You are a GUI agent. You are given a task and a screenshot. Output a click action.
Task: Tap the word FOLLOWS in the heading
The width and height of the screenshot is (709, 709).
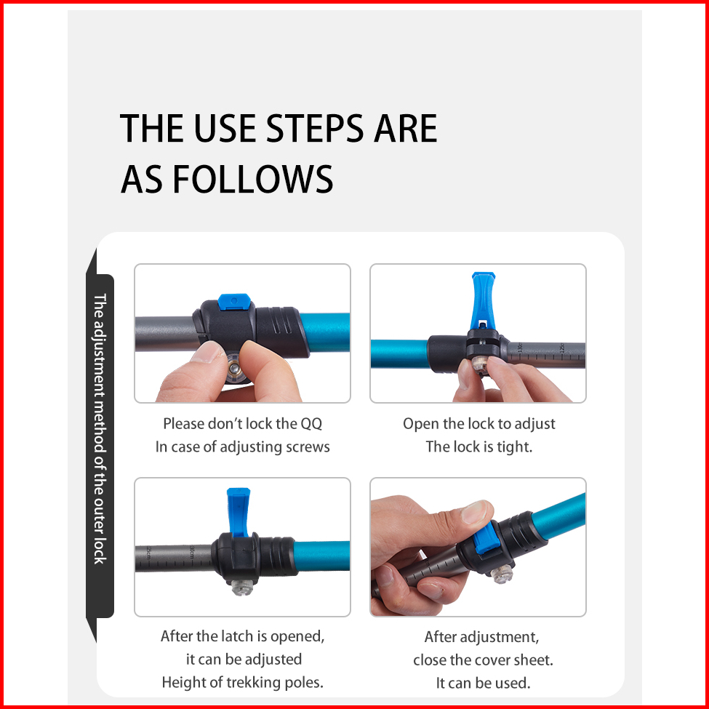click(x=253, y=179)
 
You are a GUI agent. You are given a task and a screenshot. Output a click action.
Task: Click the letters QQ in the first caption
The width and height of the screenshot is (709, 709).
click(x=311, y=424)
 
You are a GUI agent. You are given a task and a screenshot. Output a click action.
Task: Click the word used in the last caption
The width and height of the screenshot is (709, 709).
click(x=513, y=683)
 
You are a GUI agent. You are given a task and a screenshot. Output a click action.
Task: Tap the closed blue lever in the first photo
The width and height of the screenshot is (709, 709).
click(x=233, y=302)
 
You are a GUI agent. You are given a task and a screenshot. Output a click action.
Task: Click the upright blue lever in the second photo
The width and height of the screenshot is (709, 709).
click(x=483, y=300)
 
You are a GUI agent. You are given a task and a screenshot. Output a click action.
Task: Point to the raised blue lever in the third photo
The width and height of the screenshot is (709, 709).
click(x=239, y=511)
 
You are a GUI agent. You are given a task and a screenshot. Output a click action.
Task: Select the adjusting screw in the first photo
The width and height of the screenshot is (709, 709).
click(x=234, y=368)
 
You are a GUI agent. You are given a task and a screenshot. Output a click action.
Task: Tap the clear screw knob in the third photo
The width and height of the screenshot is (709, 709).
click(x=242, y=587)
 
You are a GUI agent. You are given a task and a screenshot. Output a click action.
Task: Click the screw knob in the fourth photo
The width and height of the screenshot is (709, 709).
click(x=502, y=573)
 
